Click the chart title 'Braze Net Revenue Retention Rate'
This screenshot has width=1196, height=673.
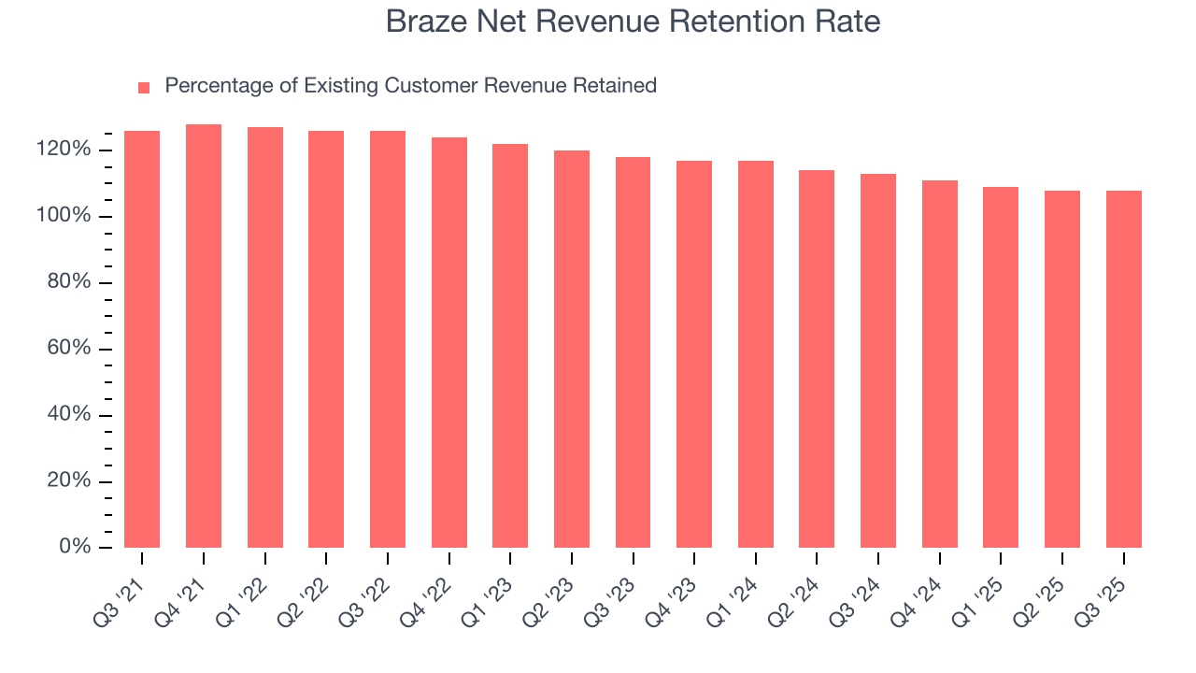633,21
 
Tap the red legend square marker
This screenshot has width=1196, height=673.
144,87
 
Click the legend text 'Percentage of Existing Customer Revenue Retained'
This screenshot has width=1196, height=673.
410,86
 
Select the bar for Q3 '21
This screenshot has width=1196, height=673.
142,338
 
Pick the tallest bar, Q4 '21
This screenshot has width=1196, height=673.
204,336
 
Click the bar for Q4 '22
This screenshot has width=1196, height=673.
449,342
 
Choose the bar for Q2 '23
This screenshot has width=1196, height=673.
572,349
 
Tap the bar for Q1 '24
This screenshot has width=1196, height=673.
756,353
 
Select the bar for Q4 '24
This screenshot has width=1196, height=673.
940,364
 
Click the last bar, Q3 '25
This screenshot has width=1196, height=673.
1124,368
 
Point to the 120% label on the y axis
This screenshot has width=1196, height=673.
64,150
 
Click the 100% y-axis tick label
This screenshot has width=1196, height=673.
64,216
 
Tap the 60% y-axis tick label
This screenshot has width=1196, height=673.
69,349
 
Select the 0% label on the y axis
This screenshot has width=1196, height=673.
75,547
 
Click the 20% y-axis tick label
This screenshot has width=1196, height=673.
69,481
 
